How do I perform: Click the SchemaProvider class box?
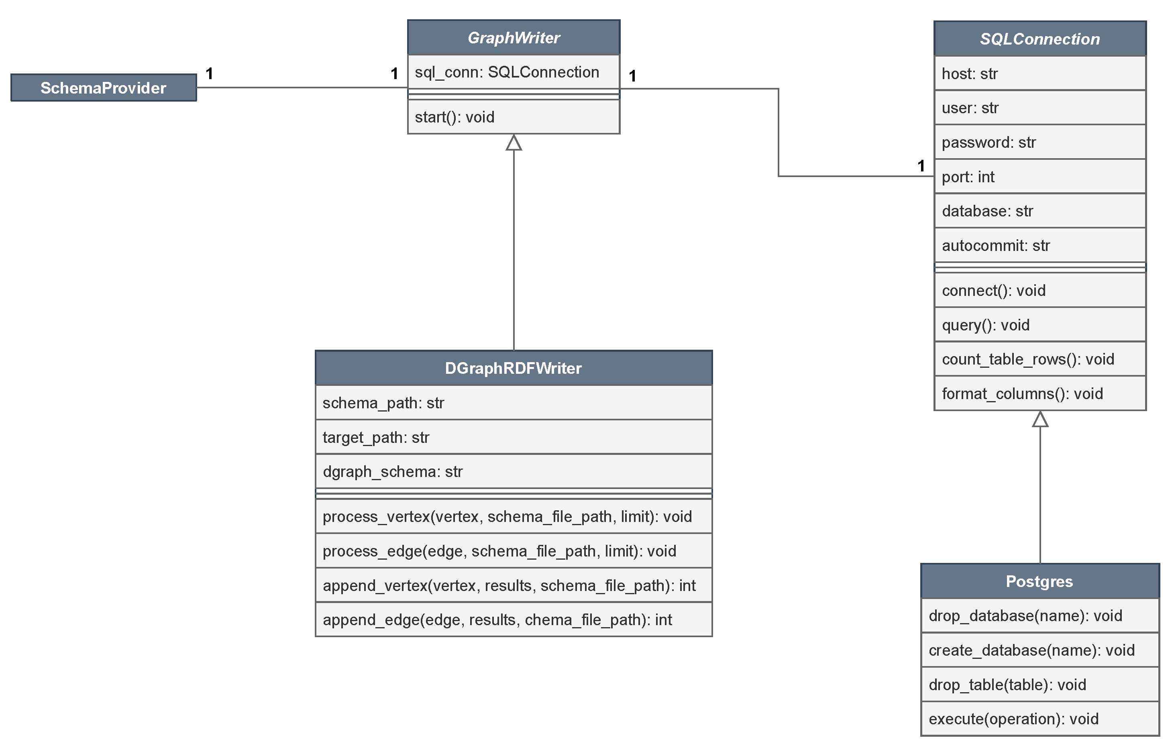pos(104,88)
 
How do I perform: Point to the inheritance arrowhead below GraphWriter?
pos(514,143)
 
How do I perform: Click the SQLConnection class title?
pos(1040,39)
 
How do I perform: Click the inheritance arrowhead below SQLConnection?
pos(1040,419)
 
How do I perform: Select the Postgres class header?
pos(1040,581)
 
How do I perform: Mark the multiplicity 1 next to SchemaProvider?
pos(210,74)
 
